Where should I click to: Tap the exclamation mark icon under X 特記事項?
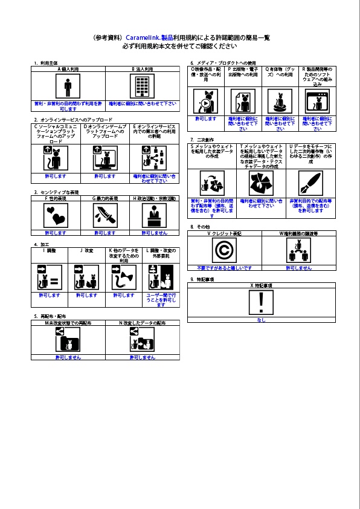pyautogui.click(x=262, y=301)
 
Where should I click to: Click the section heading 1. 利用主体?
pyautogui.click(x=45, y=63)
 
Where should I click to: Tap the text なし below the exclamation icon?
pyautogui.click(x=262, y=320)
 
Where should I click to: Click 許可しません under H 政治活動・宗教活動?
pyautogui.click(x=155, y=232)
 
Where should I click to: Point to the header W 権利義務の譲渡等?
pyautogui.click(x=298, y=233)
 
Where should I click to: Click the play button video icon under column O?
pyautogui.click(x=206, y=101)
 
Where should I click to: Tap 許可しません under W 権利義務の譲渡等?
pyautogui.click(x=298, y=267)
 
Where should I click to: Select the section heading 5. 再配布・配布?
pyautogui.click(x=50, y=317)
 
